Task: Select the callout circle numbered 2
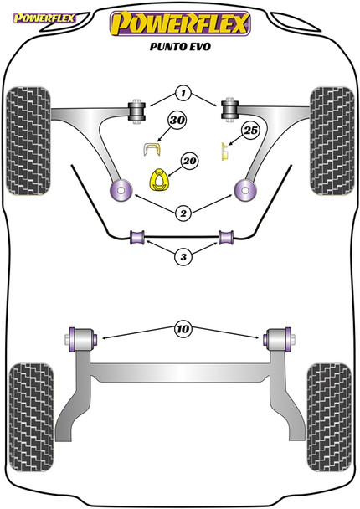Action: tap(183, 213)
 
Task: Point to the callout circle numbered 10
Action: tap(183, 329)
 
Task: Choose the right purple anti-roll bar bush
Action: tap(225, 238)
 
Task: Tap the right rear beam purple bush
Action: tap(277, 338)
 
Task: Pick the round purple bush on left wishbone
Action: tap(118, 191)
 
